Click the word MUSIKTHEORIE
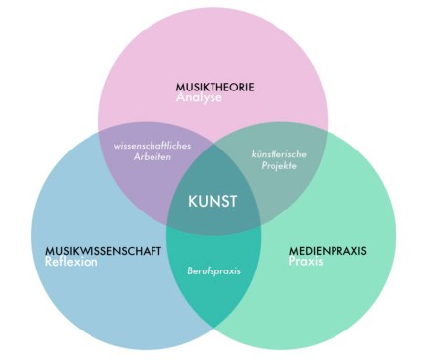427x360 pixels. (x=214, y=87)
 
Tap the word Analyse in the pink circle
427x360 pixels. (x=200, y=98)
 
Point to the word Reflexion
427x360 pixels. (x=72, y=263)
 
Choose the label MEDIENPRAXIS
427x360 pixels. (x=327, y=251)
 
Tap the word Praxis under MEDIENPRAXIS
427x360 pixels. (x=306, y=263)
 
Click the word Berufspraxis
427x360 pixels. (x=213, y=270)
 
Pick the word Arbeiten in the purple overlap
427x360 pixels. (x=153, y=159)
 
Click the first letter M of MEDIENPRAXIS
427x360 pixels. (x=292, y=251)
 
